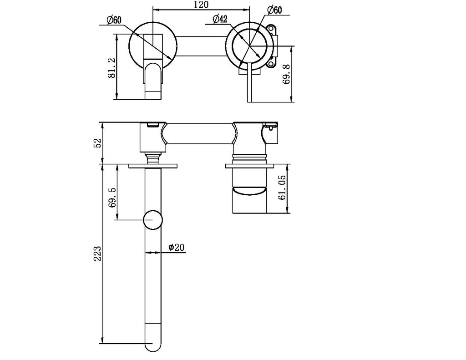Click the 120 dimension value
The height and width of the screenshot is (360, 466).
click(x=201, y=5)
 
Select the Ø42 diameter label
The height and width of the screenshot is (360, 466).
click(x=220, y=19)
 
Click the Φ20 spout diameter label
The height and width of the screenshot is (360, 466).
click(x=176, y=247)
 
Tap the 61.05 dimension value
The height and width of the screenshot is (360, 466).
click(x=282, y=188)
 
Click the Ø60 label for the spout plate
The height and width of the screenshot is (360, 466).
click(x=114, y=20)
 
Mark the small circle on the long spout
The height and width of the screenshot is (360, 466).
click(x=152, y=220)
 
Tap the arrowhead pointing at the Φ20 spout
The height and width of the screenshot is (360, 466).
click(x=147, y=252)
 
